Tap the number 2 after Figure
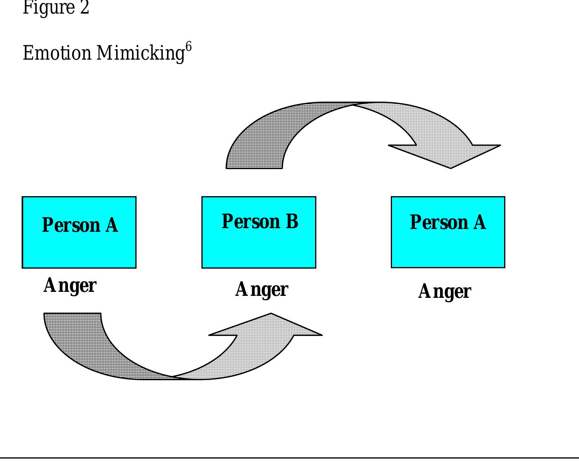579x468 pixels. [84, 8]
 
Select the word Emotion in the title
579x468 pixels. [57, 53]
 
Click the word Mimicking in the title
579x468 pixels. [140, 53]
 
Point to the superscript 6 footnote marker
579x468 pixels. [189, 47]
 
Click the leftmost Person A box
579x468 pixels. [79, 232]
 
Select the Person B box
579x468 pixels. [259, 232]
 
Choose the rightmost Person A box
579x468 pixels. [448, 232]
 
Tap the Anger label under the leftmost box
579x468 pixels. [70, 286]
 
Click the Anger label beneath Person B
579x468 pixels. [261, 289]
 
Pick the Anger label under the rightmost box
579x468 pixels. [444, 291]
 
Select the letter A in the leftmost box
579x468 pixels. [112, 225]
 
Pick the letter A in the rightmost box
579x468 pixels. [480, 222]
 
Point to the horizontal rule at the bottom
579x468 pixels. [289, 458]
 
